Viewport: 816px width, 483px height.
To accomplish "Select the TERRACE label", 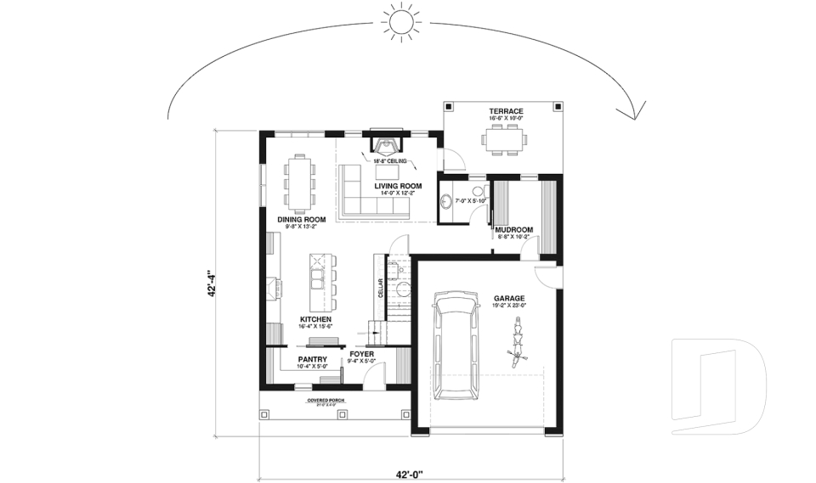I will [x=505, y=111].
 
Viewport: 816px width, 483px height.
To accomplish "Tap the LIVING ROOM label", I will [x=398, y=186].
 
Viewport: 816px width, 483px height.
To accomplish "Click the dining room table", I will [x=301, y=183].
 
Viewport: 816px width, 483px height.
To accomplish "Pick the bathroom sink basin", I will [x=447, y=202].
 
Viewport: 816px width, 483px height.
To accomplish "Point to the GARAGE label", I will [x=508, y=299].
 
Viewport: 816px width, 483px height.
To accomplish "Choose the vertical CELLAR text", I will [x=379, y=289].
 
